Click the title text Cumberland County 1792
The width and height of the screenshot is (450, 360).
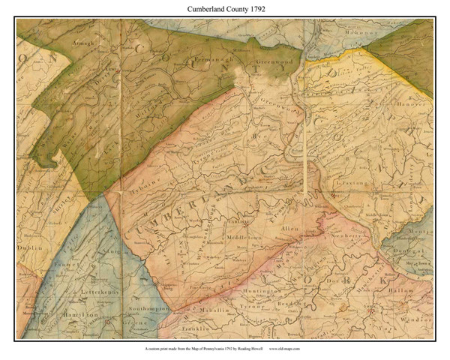click(x=225, y=9)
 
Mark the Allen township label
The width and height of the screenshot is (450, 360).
click(x=290, y=226)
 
